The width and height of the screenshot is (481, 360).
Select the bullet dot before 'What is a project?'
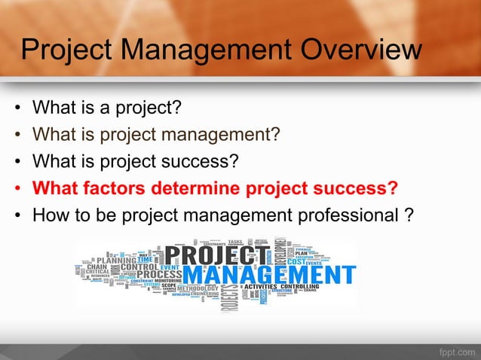coord(17,109)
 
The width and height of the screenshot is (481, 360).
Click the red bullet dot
coord(17,188)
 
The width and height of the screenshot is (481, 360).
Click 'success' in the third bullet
coord(201,161)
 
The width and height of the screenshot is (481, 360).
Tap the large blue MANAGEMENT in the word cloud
coord(269,274)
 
